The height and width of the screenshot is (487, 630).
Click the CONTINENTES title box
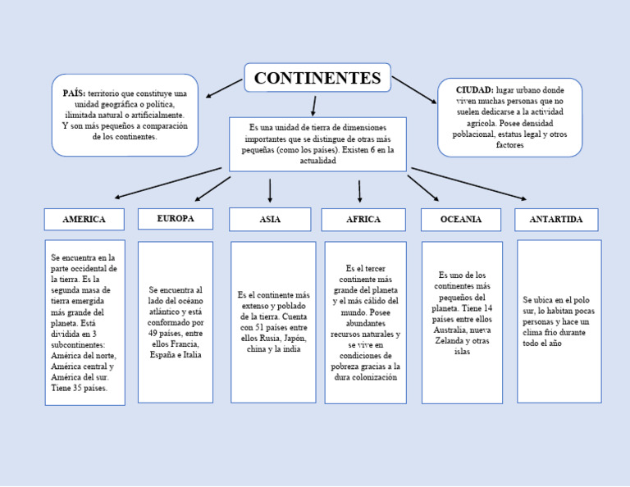[317, 79]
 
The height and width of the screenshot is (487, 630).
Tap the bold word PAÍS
[74, 94]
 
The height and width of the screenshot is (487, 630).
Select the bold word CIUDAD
[474, 89]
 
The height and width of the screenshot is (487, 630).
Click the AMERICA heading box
[84, 220]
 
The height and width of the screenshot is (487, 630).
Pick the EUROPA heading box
[175, 219]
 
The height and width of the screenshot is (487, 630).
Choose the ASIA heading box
[270, 220]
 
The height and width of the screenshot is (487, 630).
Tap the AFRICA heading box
[363, 220]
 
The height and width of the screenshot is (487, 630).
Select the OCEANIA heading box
[460, 220]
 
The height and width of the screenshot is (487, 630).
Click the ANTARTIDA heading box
[555, 220]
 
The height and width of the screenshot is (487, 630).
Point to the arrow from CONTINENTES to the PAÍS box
[224, 88]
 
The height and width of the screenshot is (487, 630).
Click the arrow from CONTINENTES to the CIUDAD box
[414, 89]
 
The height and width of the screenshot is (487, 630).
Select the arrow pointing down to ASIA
[270, 190]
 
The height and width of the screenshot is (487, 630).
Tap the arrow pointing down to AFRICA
[359, 191]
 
